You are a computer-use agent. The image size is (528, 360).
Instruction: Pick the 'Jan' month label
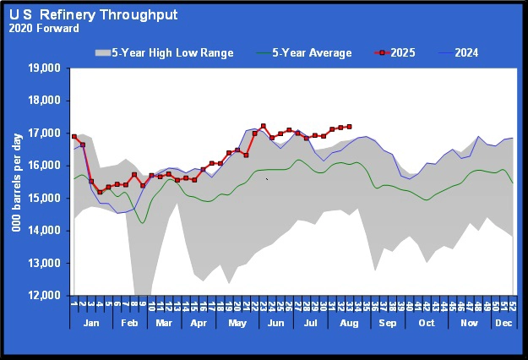[x=90, y=324]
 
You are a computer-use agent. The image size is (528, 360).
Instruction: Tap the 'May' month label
[x=237, y=324]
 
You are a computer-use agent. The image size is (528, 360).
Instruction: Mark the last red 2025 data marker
[x=349, y=127]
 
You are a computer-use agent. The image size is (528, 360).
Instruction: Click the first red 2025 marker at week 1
[x=73, y=136]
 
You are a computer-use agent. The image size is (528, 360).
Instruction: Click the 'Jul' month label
[x=309, y=324]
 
